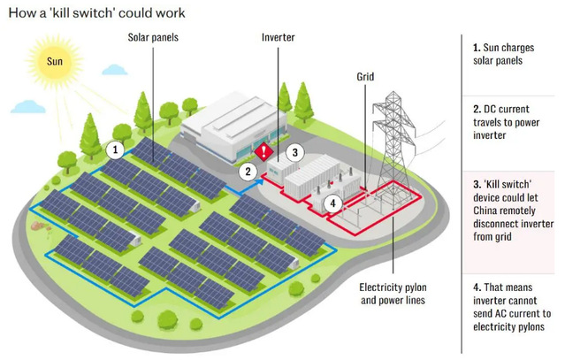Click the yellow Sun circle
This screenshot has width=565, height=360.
pyautogui.click(x=55, y=62)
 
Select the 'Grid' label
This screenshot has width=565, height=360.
pyautogui.click(x=366, y=75)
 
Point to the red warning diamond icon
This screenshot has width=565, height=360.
pyautogui.click(x=263, y=149)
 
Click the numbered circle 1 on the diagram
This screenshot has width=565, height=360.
pyautogui.click(x=114, y=150)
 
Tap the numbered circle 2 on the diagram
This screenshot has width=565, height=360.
pyautogui.click(x=250, y=172)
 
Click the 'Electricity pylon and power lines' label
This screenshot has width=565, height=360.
pyautogui.click(x=393, y=294)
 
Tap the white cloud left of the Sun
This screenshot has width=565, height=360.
pyautogui.click(x=27, y=106)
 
